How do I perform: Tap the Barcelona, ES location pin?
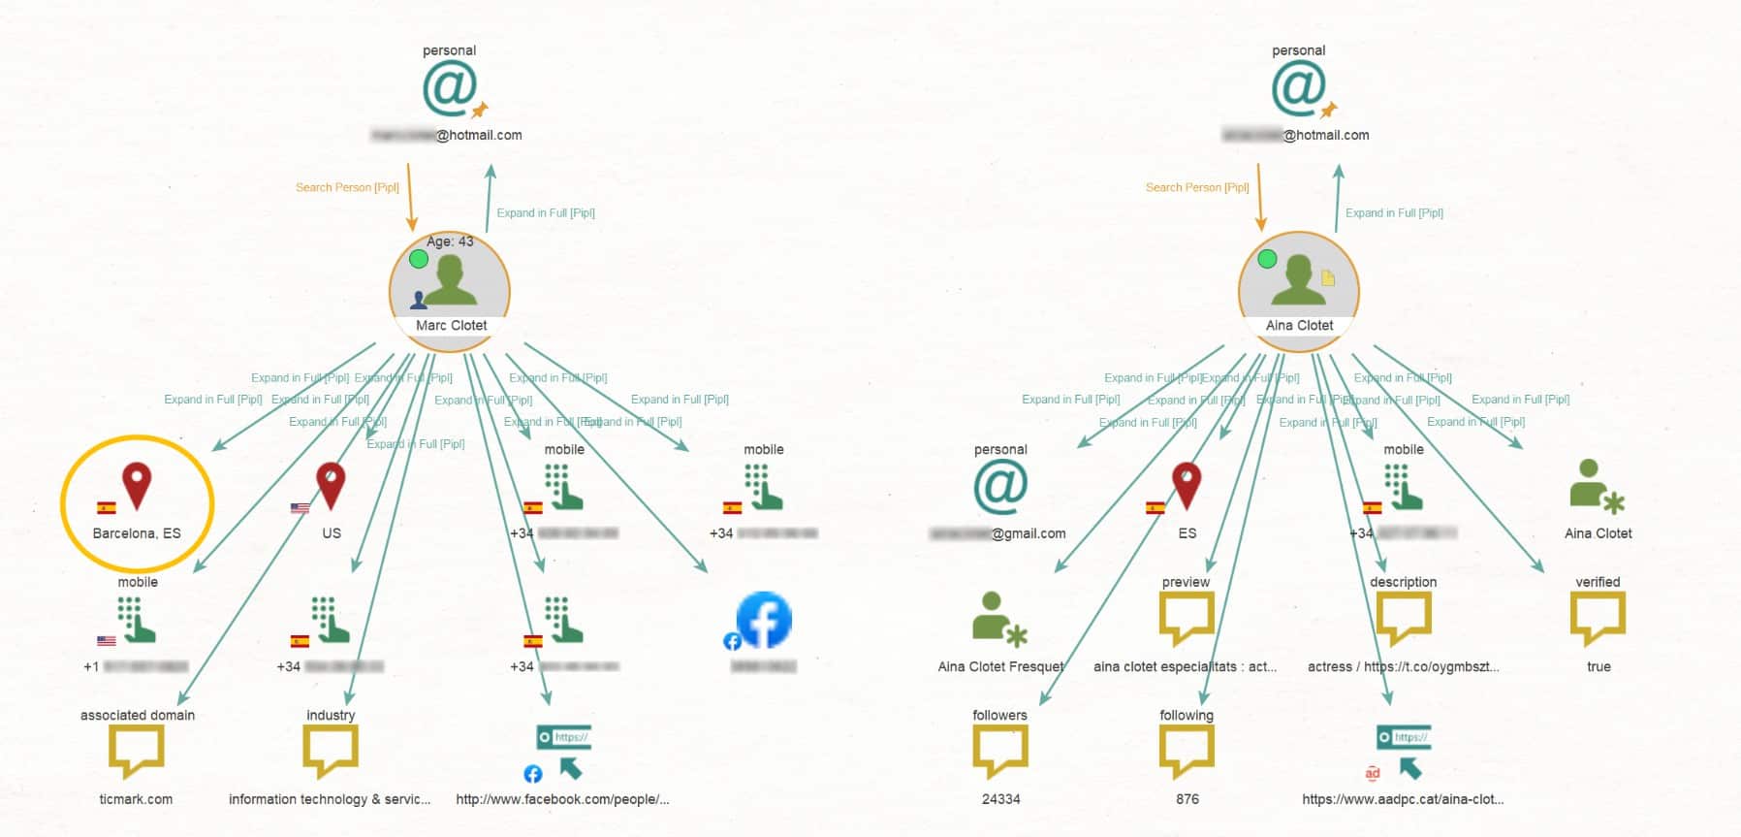click(137, 486)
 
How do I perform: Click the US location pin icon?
click(331, 486)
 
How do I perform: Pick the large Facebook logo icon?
click(764, 620)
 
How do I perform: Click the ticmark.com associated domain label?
click(136, 799)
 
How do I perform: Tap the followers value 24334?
click(1000, 799)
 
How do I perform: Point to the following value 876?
click(1187, 799)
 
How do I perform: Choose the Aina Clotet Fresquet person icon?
click(998, 619)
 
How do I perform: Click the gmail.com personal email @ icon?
click(999, 486)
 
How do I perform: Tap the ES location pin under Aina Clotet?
click(1187, 486)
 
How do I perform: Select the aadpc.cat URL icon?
click(1404, 751)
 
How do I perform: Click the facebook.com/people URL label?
click(562, 799)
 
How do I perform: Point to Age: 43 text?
click(450, 241)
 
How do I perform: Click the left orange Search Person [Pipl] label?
click(347, 187)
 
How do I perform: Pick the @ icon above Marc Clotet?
click(449, 88)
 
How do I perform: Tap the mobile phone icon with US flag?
click(136, 620)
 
